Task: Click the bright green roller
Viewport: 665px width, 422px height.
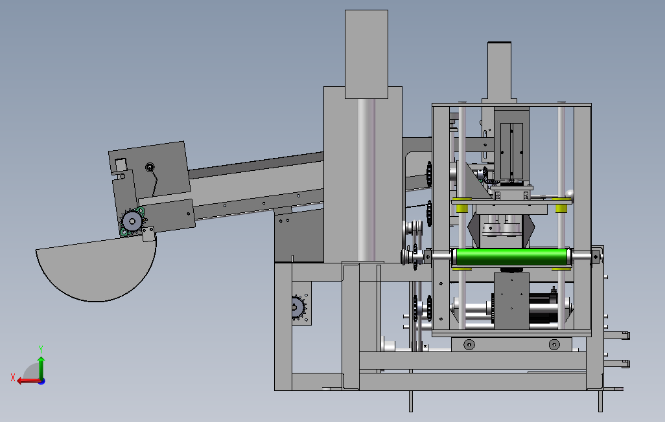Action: (512, 257)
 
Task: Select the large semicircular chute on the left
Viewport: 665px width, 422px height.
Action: (97, 269)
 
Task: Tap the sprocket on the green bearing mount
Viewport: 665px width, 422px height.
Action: (132, 221)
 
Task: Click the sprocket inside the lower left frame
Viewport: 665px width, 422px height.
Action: (298, 307)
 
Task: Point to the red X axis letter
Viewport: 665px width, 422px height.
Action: (13, 377)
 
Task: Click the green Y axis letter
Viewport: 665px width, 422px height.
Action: (41, 349)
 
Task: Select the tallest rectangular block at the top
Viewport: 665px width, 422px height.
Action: (366, 54)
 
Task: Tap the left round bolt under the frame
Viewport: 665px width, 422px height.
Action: (469, 344)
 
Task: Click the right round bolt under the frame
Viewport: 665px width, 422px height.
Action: (554, 344)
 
